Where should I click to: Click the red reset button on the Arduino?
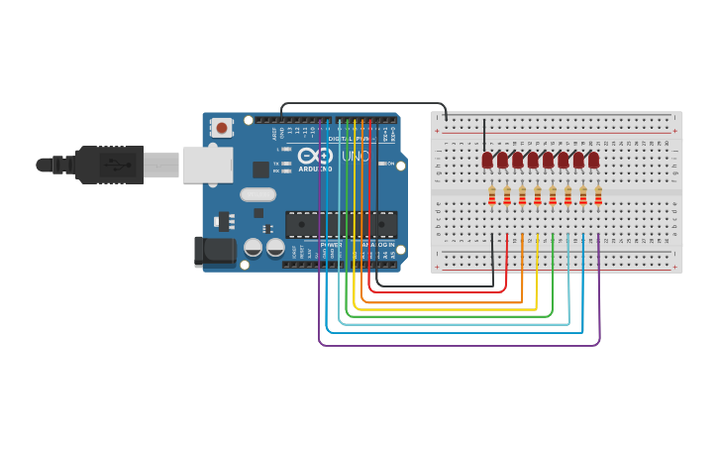point(222,127)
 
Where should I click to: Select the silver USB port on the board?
point(207,165)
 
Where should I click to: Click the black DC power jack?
point(216,252)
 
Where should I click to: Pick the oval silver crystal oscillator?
point(257,194)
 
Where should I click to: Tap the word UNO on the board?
point(356,156)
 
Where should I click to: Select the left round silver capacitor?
point(254,247)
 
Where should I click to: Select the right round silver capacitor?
point(275,247)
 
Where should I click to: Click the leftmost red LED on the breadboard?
point(487,160)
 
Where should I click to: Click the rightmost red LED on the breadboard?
point(593,160)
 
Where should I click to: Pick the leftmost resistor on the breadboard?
point(491,196)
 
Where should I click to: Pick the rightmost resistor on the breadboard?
point(598,196)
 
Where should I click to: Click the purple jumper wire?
point(456,346)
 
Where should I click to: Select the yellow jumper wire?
point(446,310)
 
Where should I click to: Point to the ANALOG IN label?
point(377,244)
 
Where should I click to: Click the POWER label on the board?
point(332,244)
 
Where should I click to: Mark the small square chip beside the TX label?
point(261,169)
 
